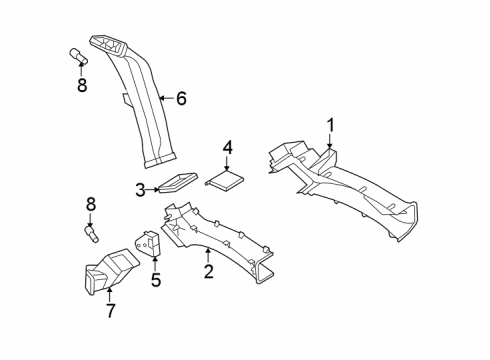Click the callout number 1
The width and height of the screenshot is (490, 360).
click(330, 125)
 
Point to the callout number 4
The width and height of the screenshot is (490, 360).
click(228, 148)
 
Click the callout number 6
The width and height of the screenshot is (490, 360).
click(181, 98)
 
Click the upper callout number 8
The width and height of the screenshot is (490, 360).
click(82, 85)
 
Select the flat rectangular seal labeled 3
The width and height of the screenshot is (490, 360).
click(172, 184)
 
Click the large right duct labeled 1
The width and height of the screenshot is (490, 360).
click(350, 190)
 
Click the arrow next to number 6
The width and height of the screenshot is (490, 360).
click(165, 98)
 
